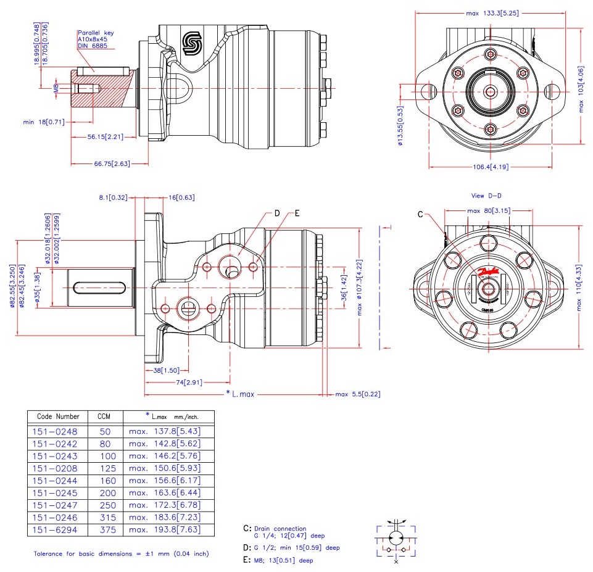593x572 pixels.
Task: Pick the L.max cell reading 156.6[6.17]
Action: (x=165, y=481)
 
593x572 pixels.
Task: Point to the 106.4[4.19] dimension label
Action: (x=491, y=167)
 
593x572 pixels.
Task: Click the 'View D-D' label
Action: (x=486, y=196)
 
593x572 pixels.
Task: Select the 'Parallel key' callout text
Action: (x=96, y=33)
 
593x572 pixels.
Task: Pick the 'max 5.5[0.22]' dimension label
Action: (x=358, y=394)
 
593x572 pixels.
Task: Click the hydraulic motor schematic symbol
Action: (x=396, y=540)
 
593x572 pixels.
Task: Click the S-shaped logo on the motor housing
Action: (x=192, y=43)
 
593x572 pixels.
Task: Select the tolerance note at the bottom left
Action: (x=121, y=553)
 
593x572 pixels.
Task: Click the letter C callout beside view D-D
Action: (x=420, y=215)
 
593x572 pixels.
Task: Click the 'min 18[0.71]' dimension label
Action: (x=43, y=122)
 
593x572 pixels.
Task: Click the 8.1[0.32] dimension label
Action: (x=113, y=197)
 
